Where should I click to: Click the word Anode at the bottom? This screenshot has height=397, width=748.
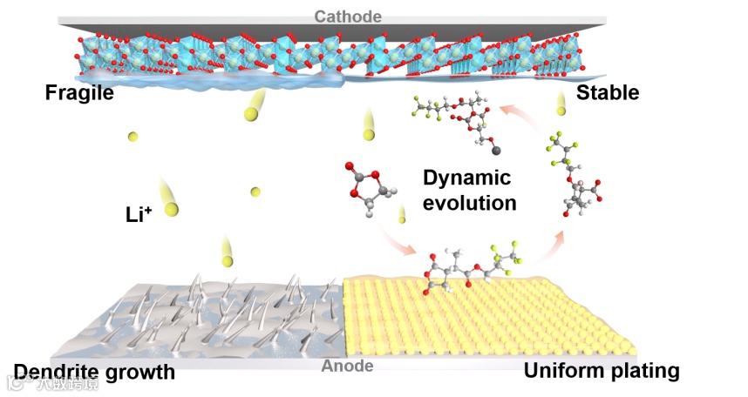348,367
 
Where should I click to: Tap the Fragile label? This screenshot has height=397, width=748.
79,92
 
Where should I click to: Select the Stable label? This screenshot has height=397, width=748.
608,92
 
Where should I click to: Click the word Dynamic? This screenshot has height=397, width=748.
466,178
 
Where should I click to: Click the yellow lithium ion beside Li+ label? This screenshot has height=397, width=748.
171,209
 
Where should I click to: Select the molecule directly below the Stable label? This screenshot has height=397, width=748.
571,174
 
